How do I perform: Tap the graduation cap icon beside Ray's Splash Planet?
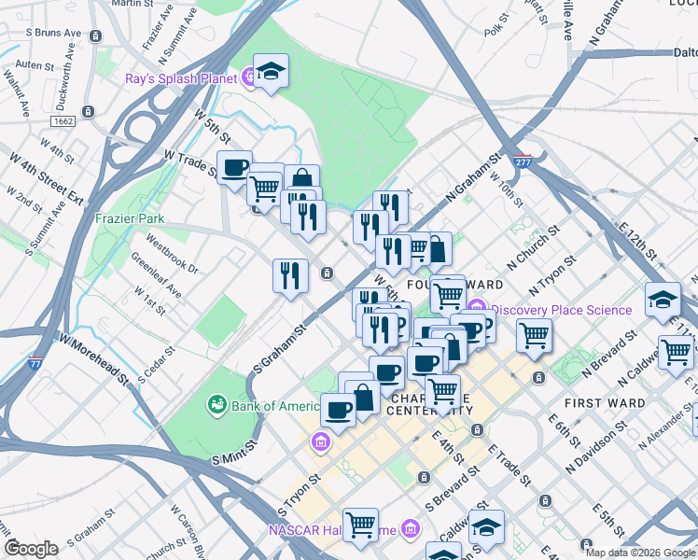pos(271,71)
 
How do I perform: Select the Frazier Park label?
pos(130,218)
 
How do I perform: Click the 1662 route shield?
pos(63,121)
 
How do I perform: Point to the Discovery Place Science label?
pos(561,310)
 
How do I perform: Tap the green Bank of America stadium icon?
pos(216,404)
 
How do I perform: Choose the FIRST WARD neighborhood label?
pos(604,403)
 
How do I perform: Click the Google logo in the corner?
pos(31,549)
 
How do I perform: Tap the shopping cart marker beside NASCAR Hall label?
pos(360,524)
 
